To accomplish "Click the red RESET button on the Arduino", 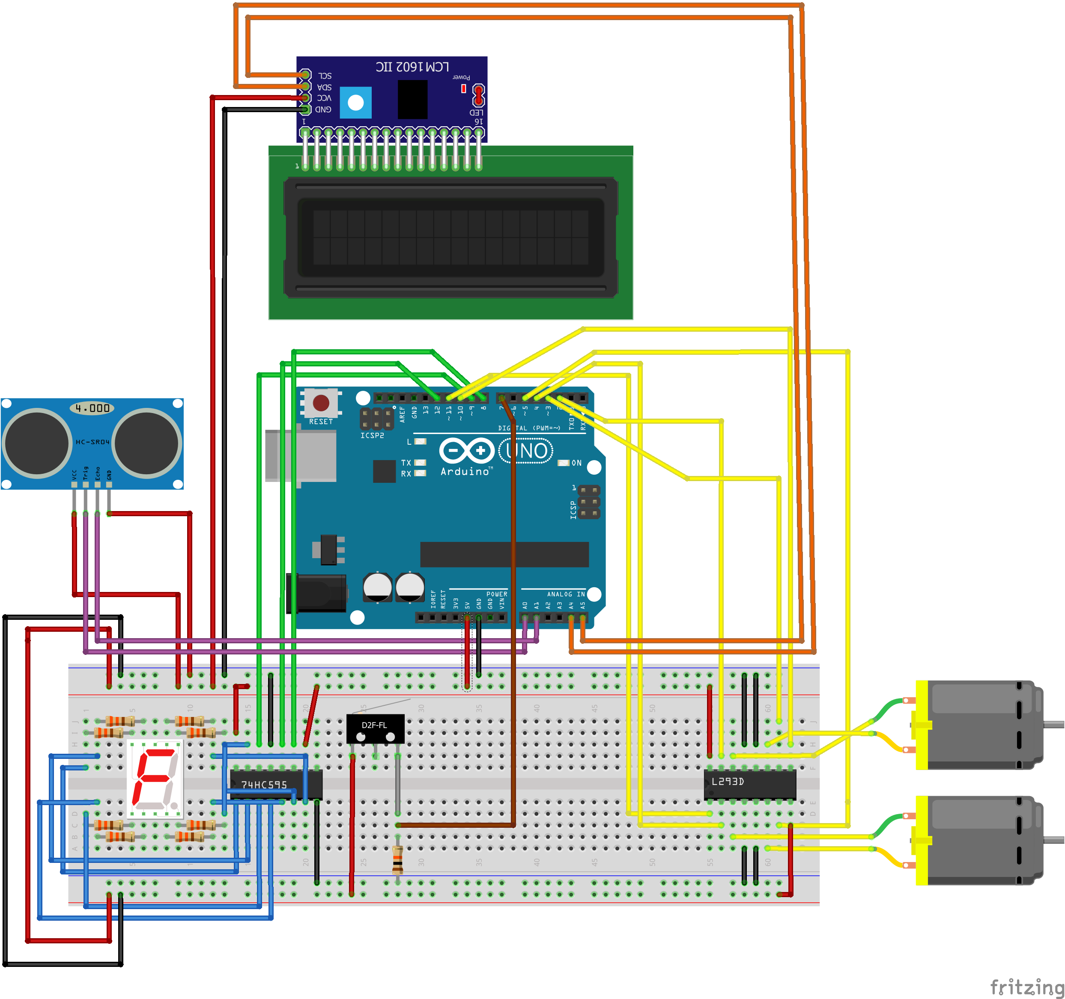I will click(321, 403).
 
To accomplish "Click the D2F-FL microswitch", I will click(375, 728).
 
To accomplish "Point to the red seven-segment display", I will click(155, 779).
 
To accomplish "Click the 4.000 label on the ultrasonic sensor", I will click(92, 408).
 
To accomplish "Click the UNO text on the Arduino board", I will click(526, 451).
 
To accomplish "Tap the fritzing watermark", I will click(1026, 986).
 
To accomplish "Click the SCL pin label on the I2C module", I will click(325, 75).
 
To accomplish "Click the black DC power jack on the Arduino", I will click(318, 593).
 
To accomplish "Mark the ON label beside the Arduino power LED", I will click(576, 463).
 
